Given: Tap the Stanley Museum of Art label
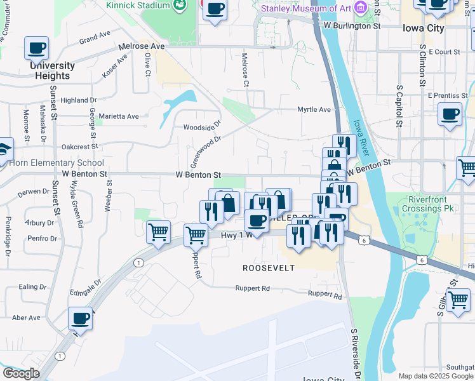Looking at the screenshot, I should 307,8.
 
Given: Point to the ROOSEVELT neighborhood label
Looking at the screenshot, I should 269,268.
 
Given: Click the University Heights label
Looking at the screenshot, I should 52,70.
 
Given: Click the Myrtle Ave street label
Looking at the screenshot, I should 314,109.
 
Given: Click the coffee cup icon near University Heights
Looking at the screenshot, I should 37,48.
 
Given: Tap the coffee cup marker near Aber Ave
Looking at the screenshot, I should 80,318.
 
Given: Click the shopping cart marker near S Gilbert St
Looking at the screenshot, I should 458,299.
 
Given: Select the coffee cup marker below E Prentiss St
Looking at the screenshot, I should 450,114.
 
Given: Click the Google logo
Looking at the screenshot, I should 20,373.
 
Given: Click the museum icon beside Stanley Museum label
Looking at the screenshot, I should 361,8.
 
